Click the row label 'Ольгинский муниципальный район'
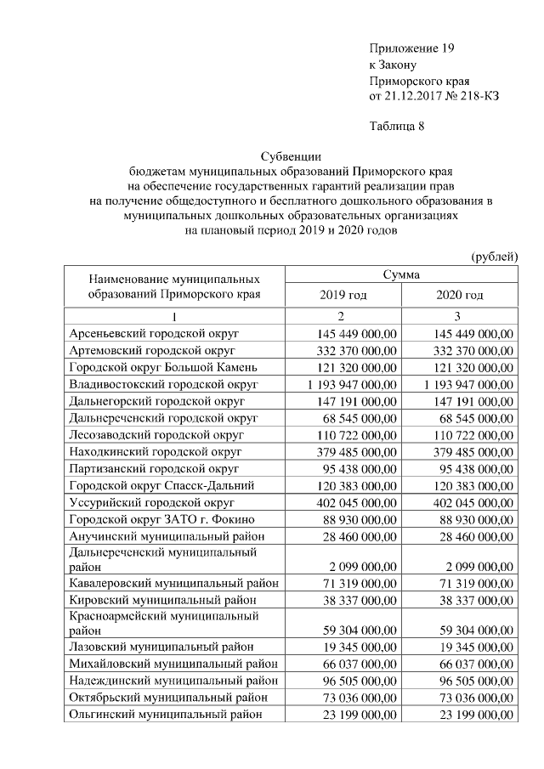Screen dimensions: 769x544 160,715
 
